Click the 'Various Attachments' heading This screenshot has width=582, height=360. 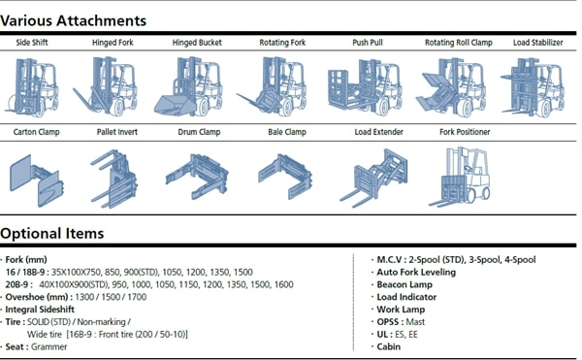point(73,20)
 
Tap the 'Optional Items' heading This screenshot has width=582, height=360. point(52,234)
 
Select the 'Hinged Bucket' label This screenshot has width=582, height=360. point(197,43)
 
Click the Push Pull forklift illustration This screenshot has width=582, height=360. point(365,87)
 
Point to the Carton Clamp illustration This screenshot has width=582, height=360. point(37,180)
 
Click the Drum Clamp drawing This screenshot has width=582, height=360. point(197,177)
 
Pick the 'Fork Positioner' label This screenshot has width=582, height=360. point(465,132)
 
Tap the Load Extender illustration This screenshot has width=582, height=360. point(373,179)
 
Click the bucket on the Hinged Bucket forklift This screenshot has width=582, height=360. point(176,106)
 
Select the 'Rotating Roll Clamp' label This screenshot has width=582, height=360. point(459,43)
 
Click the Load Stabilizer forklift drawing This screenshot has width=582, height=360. point(533,87)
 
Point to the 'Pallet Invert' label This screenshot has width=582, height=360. point(117,132)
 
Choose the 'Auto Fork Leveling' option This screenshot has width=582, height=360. point(416,272)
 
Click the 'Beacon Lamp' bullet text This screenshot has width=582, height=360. point(404,284)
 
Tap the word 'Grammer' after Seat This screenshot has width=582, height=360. point(49,347)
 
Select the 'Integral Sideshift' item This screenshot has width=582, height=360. point(40,310)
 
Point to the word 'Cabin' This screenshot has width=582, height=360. point(389,347)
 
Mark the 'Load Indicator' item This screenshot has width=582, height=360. point(406,297)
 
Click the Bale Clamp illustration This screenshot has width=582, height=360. point(285,177)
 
